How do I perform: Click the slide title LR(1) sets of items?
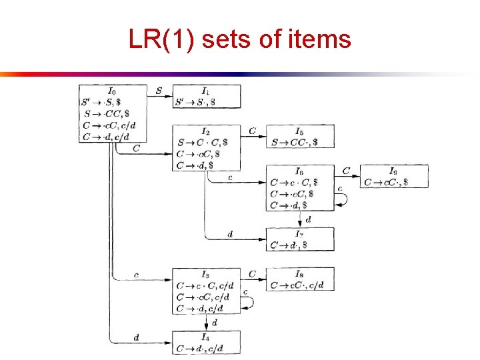[239, 40]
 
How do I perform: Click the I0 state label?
[111, 91]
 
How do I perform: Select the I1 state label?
[205, 91]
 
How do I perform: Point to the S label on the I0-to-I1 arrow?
[159, 90]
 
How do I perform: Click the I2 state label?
[205, 131]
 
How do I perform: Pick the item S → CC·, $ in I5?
[295, 142]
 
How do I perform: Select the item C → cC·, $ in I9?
[387, 181]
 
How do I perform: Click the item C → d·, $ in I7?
[289, 245]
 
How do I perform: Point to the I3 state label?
[205, 274]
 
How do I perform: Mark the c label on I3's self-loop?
[245, 293]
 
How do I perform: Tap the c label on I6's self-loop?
[340, 189]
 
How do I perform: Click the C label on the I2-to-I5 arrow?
[252, 131]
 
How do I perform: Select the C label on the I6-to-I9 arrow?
[346, 171]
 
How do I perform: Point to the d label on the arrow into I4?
[136, 337]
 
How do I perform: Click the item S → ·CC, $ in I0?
[107, 114]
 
